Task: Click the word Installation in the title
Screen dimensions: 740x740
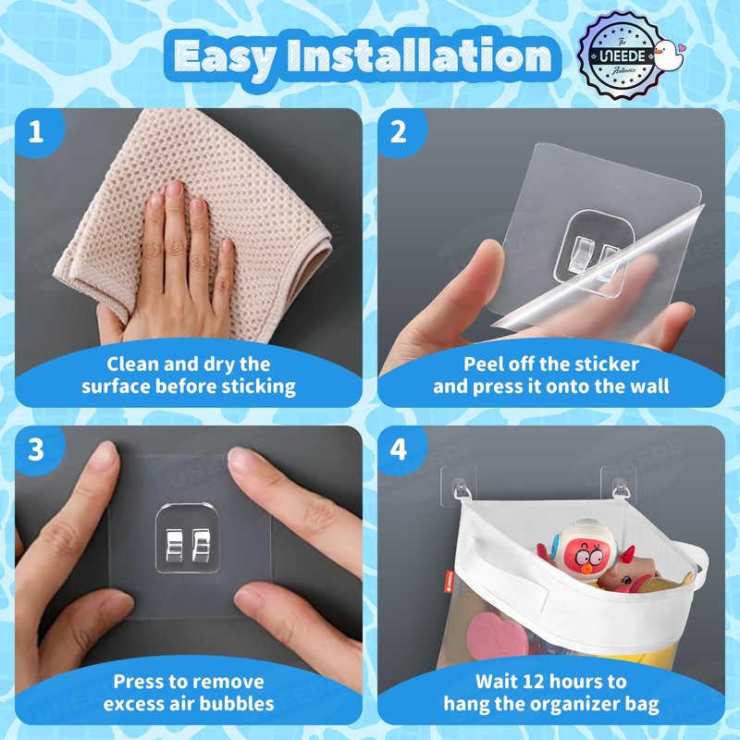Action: pos(419,55)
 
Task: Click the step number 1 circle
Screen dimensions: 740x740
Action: pos(37,131)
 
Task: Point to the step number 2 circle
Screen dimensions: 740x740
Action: pos(400,131)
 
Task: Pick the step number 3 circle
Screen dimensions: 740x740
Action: pos(37,450)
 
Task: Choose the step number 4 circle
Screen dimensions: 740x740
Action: pos(400,450)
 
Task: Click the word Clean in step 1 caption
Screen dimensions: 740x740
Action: pos(126,364)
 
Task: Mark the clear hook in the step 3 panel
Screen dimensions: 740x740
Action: pos(188,538)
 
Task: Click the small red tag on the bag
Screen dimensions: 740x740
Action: pos(449,581)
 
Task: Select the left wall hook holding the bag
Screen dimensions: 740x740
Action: pos(459,487)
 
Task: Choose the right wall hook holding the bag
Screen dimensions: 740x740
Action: pos(619,487)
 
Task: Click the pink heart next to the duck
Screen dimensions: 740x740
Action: pos(680,48)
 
